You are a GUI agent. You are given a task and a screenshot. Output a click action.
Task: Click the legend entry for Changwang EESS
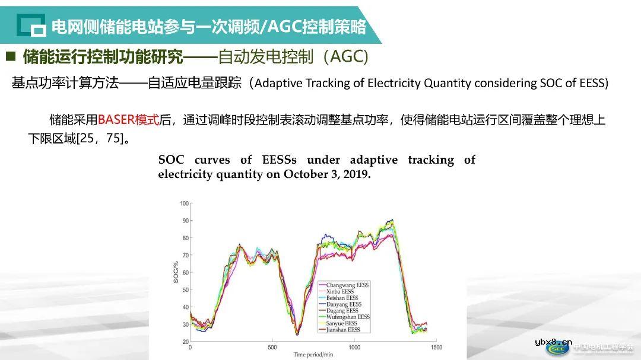point(347,285)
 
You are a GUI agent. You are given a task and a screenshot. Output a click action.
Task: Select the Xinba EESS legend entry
point(340,292)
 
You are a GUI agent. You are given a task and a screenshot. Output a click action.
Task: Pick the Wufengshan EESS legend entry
point(348,317)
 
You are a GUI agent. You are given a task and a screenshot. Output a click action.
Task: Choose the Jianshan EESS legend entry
point(343,330)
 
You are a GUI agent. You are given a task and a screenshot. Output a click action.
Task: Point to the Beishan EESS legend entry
point(342,298)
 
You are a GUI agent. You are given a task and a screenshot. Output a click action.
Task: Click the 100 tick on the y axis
point(184,203)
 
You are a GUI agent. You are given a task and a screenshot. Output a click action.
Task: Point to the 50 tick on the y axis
point(186,290)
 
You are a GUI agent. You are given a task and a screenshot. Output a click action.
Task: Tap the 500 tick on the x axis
point(272,347)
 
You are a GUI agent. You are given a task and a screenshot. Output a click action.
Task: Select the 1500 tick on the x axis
point(436,347)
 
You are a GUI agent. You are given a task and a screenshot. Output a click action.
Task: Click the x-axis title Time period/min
point(313,355)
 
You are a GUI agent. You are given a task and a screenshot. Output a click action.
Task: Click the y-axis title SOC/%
point(176,272)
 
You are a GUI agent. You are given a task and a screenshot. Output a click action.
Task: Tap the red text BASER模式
point(129,120)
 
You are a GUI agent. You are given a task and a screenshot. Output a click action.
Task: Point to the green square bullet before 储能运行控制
point(10,56)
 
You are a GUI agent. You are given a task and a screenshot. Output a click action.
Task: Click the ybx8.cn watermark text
point(553,342)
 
